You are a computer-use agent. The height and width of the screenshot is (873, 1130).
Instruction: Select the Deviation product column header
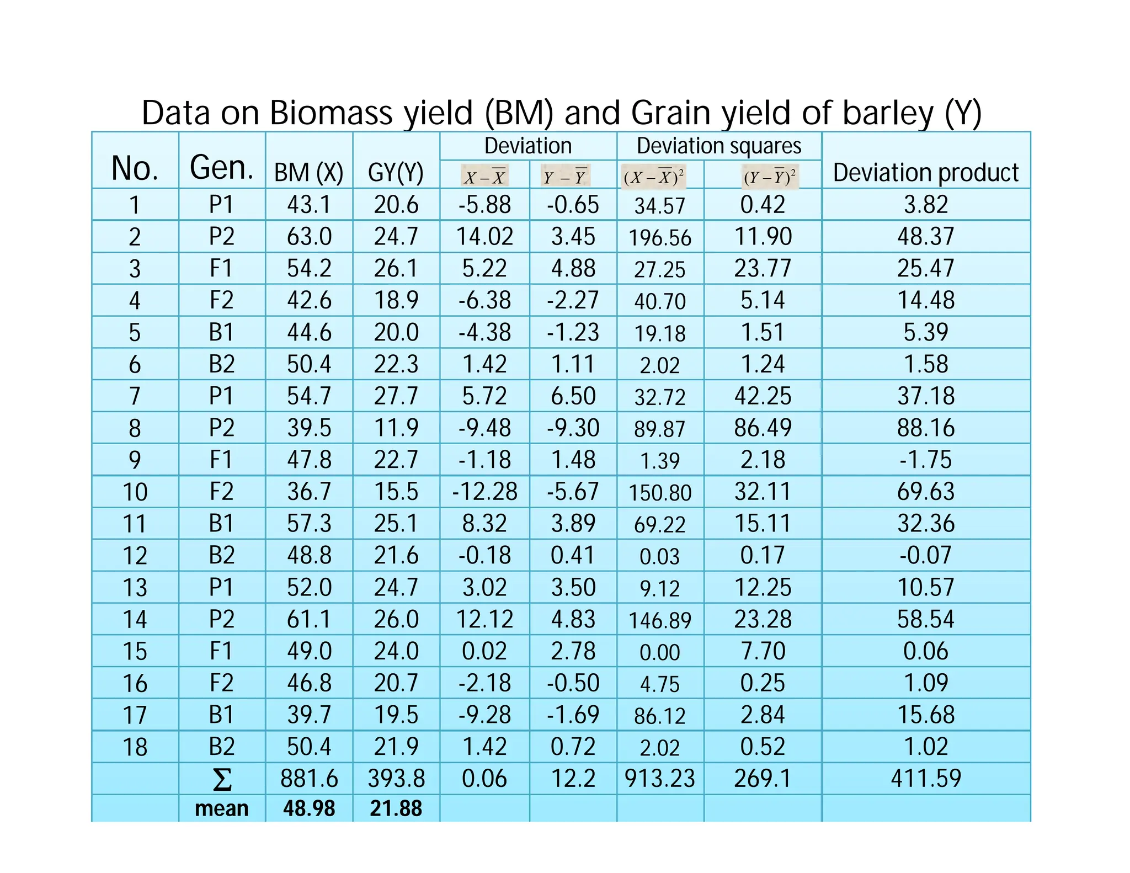click(x=925, y=173)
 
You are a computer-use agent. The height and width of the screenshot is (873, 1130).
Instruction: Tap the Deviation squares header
click(x=718, y=146)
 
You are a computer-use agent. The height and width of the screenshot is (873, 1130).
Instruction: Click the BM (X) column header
click(x=308, y=173)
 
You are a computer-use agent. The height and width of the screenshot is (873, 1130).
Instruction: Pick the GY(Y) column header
click(x=396, y=173)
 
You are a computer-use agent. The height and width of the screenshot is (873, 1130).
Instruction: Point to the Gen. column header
click(x=221, y=168)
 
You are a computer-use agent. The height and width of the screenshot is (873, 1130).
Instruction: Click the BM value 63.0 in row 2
click(x=309, y=237)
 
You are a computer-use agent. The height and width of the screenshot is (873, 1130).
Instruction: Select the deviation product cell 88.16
click(x=925, y=428)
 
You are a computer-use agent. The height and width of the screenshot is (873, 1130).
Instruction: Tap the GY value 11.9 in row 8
click(x=396, y=428)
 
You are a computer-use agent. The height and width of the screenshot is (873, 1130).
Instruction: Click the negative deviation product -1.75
click(x=925, y=460)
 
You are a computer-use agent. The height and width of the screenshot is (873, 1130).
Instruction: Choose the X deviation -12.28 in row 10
click(x=484, y=492)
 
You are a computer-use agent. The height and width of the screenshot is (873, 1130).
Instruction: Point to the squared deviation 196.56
click(x=660, y=238)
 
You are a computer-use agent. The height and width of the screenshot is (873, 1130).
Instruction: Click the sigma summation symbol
click(x=222, y=779)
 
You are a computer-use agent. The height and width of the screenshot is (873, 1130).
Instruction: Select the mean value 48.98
click(x=309, y=808)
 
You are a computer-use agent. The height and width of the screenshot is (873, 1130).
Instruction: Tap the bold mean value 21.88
click(x=396, y=808)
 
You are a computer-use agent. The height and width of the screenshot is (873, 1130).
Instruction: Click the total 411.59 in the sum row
click(x=925, y=779)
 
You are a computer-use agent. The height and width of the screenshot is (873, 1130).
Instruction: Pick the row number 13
click(x=135, y=588)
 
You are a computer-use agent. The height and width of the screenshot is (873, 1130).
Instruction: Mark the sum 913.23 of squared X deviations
click(x=660, y=779)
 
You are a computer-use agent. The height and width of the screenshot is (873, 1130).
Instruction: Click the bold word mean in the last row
click(x=222, y=808)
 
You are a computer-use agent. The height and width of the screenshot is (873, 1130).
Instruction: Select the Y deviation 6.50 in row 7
click(x=573, y=396)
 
